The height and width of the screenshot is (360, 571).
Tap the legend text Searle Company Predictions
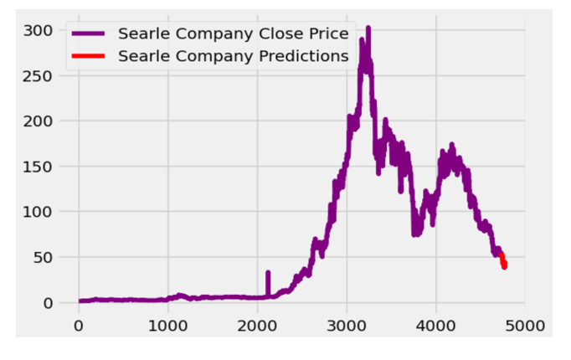[234, 56]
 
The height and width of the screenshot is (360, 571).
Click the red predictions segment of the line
[503, 260]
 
